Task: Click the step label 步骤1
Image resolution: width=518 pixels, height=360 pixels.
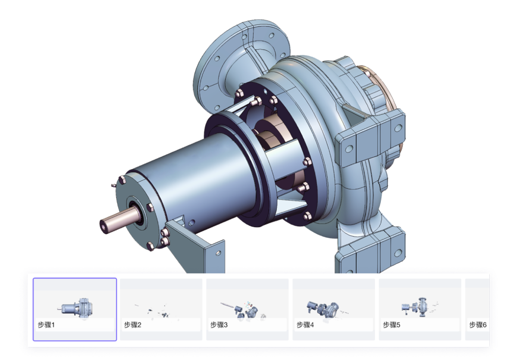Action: (x=46, y=325)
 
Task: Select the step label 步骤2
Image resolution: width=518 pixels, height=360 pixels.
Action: (x=132, y=325)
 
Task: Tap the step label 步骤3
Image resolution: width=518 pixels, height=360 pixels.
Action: (x=219, y=325)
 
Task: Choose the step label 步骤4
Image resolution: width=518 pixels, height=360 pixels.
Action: (x=305, y=325)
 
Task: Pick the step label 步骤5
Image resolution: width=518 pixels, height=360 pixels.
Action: (x=391, y=325)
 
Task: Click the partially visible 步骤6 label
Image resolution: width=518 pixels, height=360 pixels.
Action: (x=478, y=325)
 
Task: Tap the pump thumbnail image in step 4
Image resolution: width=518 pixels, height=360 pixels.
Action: (x=327, y=309)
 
